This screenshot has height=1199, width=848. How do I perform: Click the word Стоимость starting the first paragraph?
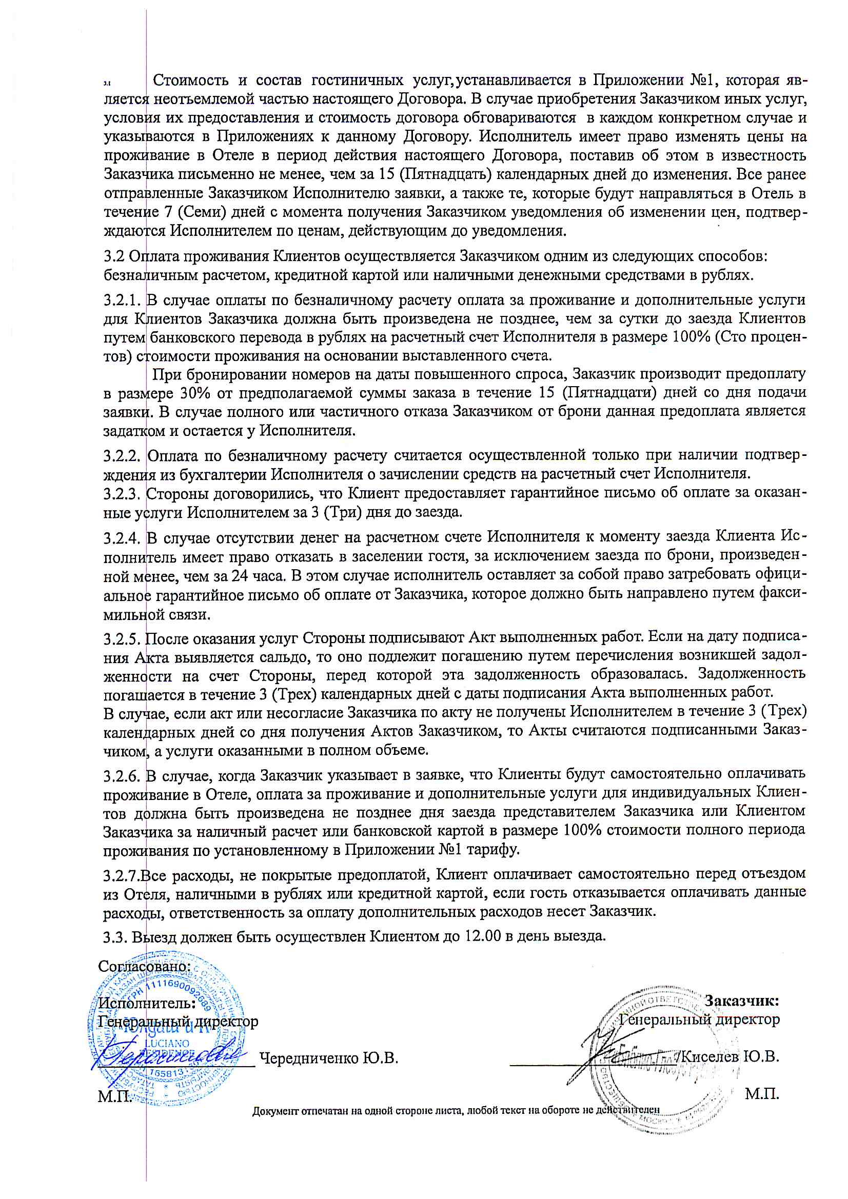(190, 81)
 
